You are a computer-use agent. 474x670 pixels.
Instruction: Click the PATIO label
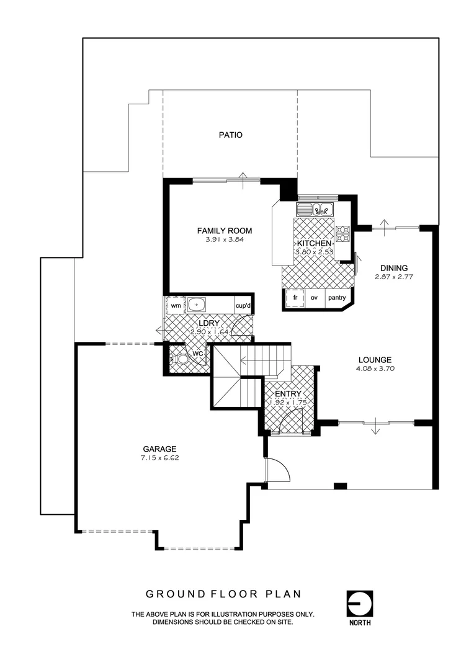pos(230,135)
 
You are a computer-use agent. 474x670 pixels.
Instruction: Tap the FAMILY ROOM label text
pos(225,231)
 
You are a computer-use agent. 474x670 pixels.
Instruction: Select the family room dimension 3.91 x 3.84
pos(225,239)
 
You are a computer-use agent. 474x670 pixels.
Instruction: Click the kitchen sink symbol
pos(316,210)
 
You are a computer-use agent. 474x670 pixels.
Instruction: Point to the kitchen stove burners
pos(342,233)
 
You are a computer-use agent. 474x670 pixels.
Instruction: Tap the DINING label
pos(394,268)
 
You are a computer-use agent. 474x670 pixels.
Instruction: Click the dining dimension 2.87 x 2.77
pos(394,277)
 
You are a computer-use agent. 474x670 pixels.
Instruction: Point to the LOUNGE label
pos(374,359)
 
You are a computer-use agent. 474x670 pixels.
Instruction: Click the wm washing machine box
pos(176,305)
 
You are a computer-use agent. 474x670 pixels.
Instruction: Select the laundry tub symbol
pos(197,305)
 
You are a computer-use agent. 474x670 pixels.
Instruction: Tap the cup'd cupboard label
pos(243,305)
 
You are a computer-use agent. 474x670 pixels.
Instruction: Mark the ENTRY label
pos(288,394)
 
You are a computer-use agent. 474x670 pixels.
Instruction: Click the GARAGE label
pos(160,449)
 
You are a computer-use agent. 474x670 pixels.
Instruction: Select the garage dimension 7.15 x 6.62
pos(160,458)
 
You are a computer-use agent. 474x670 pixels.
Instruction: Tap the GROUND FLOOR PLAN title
pos(223,594)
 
